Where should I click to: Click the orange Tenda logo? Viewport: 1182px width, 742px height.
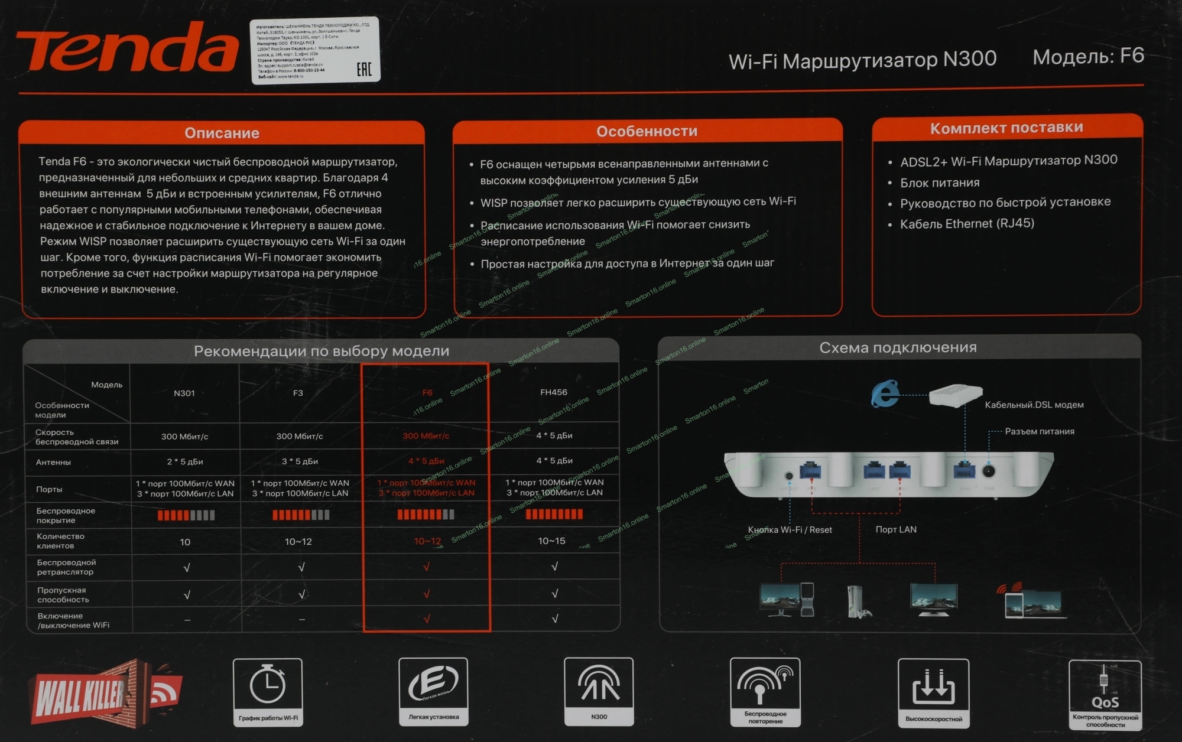127,48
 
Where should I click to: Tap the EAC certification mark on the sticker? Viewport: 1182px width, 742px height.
364,69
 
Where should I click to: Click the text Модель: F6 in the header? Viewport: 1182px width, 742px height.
1088,57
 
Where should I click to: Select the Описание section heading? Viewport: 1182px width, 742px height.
222,133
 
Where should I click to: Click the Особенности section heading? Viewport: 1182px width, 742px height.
647,131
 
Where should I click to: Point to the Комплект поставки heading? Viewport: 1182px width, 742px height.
1006,128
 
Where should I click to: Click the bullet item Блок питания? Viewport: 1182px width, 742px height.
940,183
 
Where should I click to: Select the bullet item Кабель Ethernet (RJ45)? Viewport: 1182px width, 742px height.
967,224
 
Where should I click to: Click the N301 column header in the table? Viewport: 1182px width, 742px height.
184,393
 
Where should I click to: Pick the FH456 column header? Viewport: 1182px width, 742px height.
553,392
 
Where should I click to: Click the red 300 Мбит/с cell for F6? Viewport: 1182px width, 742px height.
426,436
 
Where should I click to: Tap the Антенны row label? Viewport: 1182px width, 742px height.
53,462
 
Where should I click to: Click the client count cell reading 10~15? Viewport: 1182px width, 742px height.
551,541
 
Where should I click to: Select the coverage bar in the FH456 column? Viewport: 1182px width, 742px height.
554,514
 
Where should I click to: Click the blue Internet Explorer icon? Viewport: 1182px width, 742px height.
885,395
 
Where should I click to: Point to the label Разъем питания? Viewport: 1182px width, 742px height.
1040,431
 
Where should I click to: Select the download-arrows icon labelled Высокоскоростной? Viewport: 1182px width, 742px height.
933,687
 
